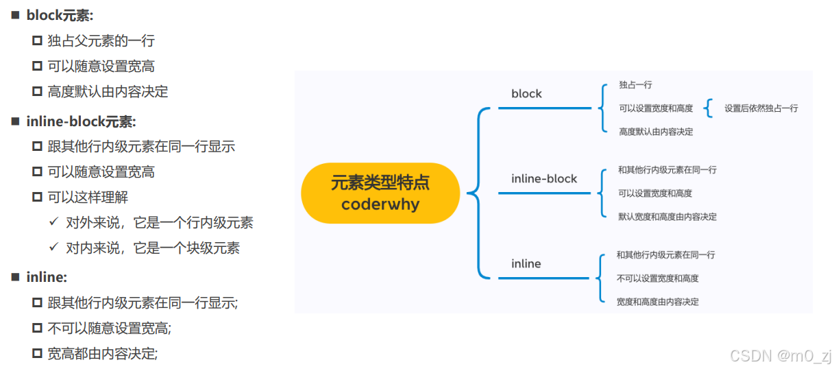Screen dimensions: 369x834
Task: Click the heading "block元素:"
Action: tap(60, 16)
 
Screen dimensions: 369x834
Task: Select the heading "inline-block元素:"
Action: tap(81, 121)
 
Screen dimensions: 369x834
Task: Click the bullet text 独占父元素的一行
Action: tap(101, 41)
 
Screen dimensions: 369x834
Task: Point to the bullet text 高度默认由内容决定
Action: tap(108, 91)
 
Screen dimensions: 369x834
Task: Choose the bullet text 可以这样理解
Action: tap(88, 198)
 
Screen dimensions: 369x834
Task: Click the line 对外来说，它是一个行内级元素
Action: tap(160, 223)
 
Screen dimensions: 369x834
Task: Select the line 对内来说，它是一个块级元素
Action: tap(153, 248)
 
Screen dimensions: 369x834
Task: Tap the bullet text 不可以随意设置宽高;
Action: tap(109, 329)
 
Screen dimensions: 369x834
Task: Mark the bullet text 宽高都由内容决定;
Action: tap(103, 354)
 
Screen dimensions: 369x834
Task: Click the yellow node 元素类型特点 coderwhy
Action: tap(380, 193)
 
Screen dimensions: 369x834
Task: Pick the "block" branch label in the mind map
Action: tap(526, 94)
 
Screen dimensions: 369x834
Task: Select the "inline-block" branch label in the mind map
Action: tap(544, 179)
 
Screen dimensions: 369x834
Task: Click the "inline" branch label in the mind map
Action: tap(526, 264)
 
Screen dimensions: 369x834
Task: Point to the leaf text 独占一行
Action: tap(635, 85)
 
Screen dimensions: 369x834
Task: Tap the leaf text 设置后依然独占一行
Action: tap(761, 108)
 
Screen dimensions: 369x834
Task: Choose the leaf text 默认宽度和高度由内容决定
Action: tap(667, 217)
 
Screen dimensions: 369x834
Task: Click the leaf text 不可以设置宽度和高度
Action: tap(657, 278)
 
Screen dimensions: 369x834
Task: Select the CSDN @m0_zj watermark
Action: tap(781, 355)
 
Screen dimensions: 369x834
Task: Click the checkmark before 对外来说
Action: tap(53, 223)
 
